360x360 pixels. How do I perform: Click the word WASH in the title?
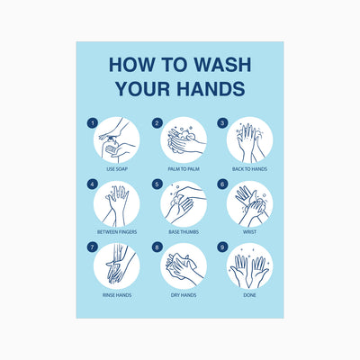pyautogui.click(x=222, y=64)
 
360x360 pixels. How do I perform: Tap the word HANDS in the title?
pyautogui.click(x=211, y=88)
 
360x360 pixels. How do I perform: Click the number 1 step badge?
pyautogui.click(x=93, y=123)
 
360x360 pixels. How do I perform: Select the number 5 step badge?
pyautogui.click(x=157, y=184)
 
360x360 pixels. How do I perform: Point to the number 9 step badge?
pyautogui.click(x=222, y=247)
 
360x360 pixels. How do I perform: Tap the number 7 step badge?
pyautogui.click(x=93, y=247)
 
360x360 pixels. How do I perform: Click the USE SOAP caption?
pyautogui.click(x=117, y=169)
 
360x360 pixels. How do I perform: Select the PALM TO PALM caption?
pyautogui.click(x=184, y=169)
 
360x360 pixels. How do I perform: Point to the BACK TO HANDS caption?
pyautogui.click(x=249, y=169)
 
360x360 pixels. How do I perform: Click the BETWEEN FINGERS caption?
pyautogui.click(x=117, y=232)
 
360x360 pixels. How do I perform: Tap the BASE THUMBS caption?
pyautogui.click(x=184, y=232)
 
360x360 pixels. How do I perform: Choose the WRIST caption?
pyautogui.click(x=249, y=232)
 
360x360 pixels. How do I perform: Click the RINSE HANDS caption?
pyautogui.click(x=117, y=295)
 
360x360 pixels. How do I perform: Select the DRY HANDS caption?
pyautogui.click(x=184, y=295)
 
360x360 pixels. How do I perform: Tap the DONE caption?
pyautogui.click(x=249, y=295)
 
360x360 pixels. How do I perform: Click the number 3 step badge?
pyautogui.click(x=222, y=123)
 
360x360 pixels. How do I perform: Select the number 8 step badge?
pyautogui.click(x=157, y=247)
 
